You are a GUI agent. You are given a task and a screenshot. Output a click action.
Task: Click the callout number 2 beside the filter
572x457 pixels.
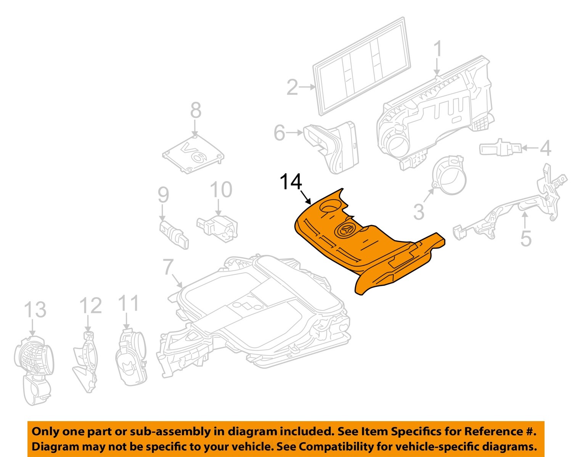(x=292, y=87)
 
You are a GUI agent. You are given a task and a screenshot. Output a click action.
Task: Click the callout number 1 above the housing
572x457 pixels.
(x=438, y=50)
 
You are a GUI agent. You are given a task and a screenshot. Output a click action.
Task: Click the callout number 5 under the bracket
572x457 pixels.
(x=526, y=239)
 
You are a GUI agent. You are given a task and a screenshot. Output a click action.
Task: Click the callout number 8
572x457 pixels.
(x=196, y=111)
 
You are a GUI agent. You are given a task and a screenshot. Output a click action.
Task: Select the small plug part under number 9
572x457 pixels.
(x=174, y=233)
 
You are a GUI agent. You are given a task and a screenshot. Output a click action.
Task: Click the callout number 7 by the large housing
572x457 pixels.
(x=168, y=267)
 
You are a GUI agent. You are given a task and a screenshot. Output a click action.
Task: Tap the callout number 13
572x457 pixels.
(x=35, y=310)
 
